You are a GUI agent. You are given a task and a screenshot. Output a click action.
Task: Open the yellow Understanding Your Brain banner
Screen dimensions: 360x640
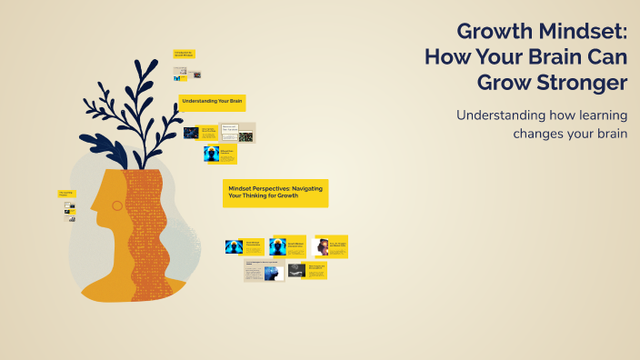[213, 101]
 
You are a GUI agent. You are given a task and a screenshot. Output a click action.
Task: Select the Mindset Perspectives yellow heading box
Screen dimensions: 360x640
[275, 192]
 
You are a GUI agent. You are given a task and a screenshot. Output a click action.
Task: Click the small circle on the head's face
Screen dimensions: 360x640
[116, 205]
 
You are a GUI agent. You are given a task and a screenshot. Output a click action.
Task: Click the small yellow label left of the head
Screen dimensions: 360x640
[66, 194]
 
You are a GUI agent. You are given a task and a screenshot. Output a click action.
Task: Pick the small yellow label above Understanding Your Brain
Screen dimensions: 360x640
[185, 55]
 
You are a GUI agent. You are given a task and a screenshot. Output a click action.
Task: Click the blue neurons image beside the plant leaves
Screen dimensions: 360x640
[191, 133]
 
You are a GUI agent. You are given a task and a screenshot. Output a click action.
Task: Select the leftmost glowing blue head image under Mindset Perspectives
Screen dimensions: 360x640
[235, 246]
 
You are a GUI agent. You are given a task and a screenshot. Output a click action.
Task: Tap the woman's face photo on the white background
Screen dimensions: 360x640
[320, 246]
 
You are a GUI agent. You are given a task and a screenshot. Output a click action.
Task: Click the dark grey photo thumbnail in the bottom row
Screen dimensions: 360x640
[296, 270]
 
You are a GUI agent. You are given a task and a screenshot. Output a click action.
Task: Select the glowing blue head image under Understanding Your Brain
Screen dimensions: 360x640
[212, 154]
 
